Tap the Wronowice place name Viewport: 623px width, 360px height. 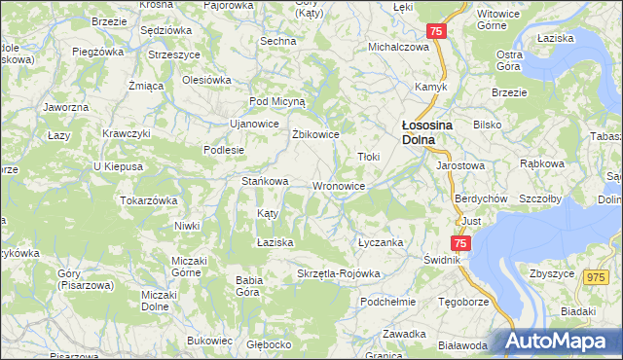(339, 186)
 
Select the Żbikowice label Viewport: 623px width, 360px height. (315, 134)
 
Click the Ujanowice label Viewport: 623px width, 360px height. (253, 124)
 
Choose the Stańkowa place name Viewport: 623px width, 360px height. (265, 181)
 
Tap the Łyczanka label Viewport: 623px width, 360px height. (380, 242)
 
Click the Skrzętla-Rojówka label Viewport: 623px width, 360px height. (338, 273)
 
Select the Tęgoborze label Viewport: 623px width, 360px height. (462, 301)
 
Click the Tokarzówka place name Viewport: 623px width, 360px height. (148, 199)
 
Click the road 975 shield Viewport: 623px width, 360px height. (597, 277)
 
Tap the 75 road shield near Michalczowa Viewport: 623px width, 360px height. (435, 32)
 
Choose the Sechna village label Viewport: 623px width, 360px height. (277, 41)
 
